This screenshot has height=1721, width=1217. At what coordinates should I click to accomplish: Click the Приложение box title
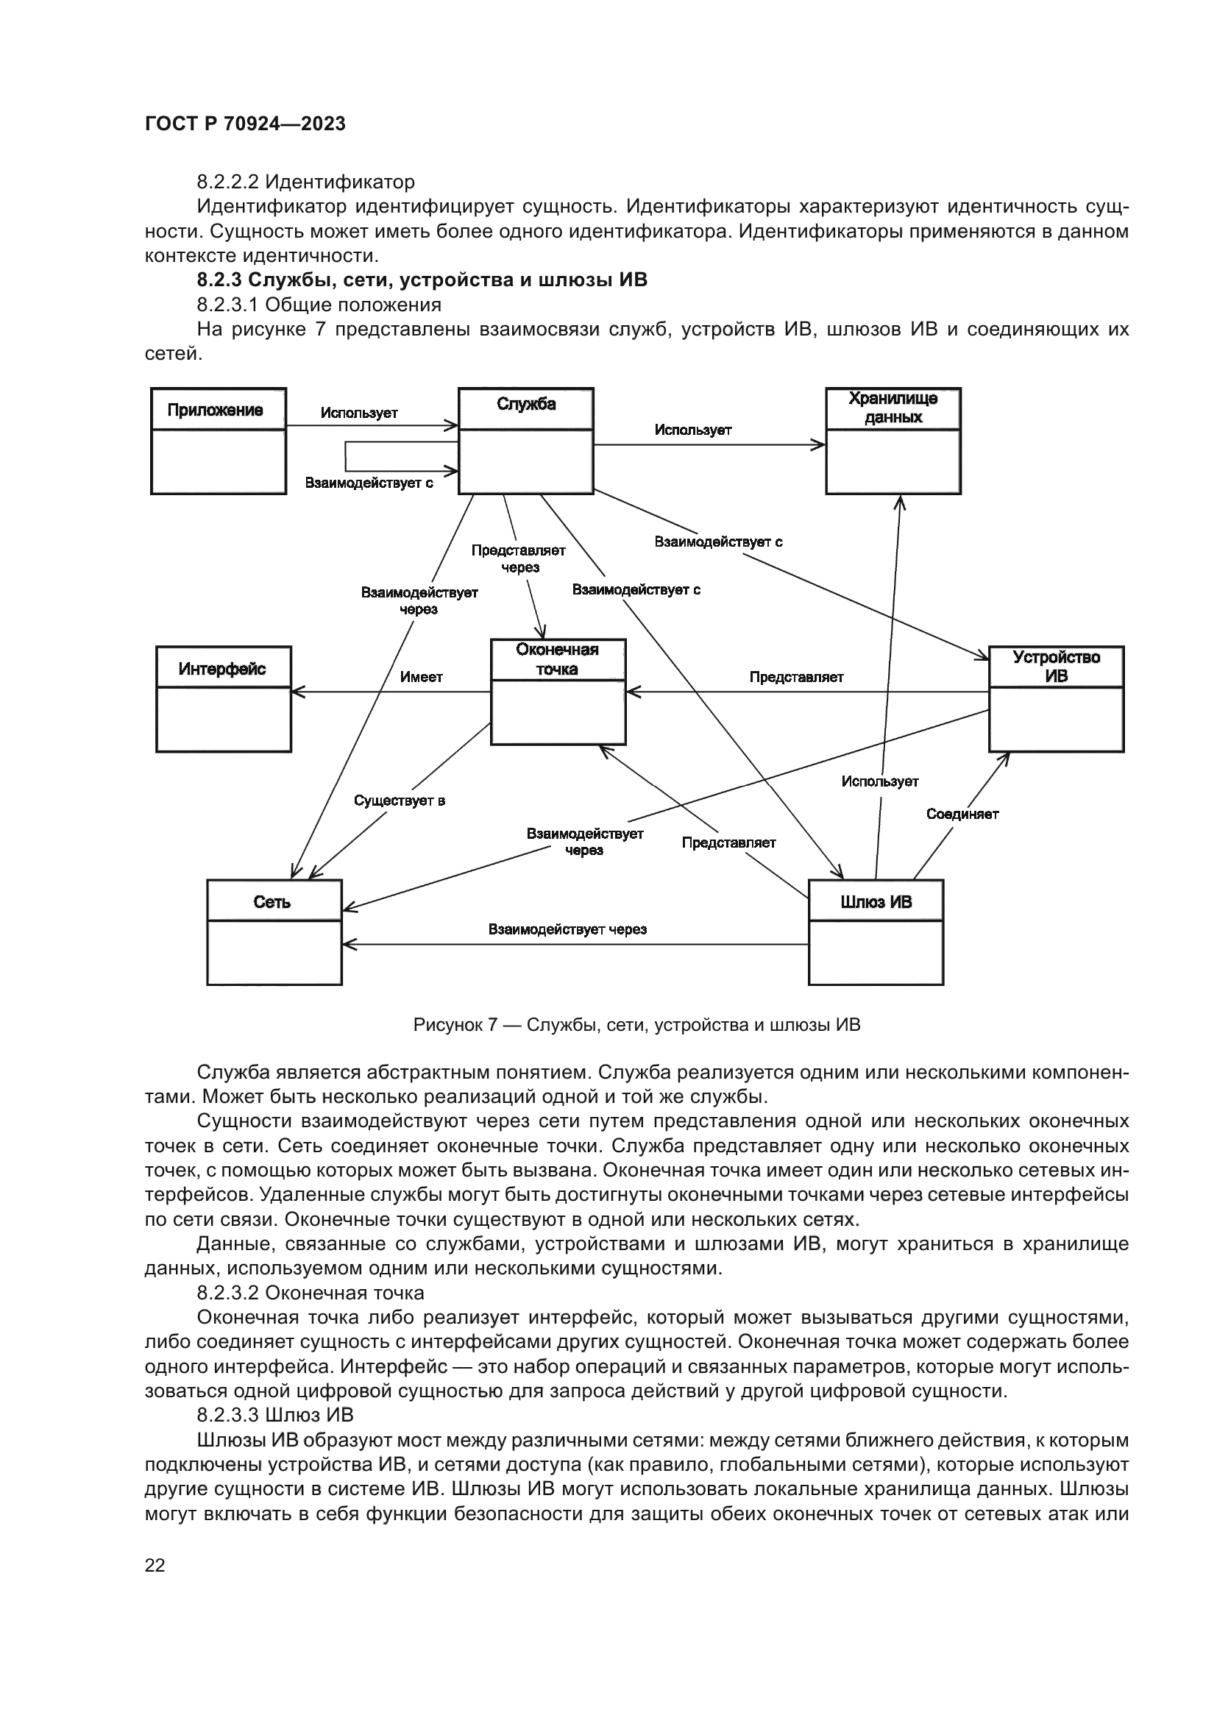(x=215, y=410)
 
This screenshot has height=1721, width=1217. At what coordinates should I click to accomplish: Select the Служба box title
(x=526, y=405)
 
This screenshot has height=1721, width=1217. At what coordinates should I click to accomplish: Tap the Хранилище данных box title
(x=893, y=408)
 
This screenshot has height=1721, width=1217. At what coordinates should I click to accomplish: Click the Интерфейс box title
(x=221, y=669)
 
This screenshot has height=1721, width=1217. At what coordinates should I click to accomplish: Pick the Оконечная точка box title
(x=558, y=659)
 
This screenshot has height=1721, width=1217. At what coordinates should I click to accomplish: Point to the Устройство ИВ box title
(x=1056, y=667)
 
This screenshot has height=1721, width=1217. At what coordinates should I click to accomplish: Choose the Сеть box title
(x=272, y=902)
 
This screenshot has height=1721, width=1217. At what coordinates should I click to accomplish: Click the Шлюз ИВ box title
(x=876, y=902)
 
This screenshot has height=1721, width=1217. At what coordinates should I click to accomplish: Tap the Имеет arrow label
(x=421, y=677)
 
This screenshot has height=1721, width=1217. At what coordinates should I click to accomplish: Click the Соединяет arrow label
(x=962, y=814)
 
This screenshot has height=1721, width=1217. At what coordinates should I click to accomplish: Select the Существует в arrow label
(x=400, y=801)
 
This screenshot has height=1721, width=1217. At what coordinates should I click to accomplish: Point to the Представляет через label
(x=519, y=558)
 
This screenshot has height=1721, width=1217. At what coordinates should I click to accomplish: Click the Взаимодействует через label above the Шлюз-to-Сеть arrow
(x=567, y=929)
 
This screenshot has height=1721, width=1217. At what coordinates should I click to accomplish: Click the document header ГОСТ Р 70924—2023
(x=245, y=124)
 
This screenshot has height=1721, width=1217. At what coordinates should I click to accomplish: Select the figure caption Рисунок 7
(x=636, y=1025)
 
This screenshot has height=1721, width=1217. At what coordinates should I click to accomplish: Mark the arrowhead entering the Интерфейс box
(x=295, y=692)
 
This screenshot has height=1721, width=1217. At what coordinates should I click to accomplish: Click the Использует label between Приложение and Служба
(x=359, y=413)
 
